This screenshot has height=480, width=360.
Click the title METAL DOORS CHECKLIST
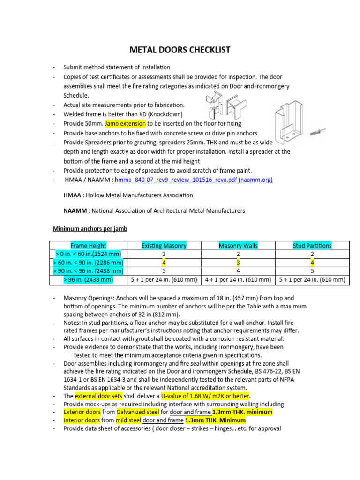click(x=180, y=50)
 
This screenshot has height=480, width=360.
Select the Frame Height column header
click(x=88, y=245)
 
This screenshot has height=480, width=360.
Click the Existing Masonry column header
click(x=164, y=245)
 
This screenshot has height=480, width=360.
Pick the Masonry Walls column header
click(x=238, y=245)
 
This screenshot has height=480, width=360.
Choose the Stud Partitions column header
click(x=312, y=245)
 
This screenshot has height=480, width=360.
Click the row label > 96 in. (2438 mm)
click(x=88, y=280)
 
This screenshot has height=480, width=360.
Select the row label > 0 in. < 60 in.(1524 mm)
click(x=88, y=254)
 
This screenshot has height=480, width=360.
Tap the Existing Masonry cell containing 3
click(x=164, y=254)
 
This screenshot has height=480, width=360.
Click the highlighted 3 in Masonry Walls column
click(x=238, y=262)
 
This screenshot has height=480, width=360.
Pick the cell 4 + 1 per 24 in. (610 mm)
click(x=238, y=280)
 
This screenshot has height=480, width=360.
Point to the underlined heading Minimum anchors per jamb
click(x=90, y=229)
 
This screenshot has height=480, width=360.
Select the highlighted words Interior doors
click(x=82, y=420)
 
